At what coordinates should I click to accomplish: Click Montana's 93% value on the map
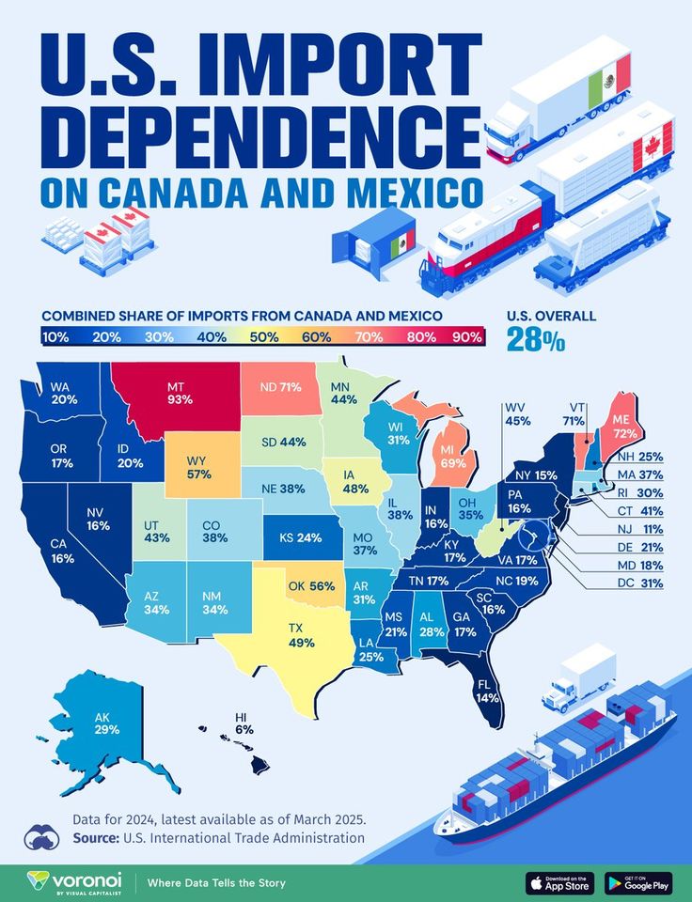(x=180, y=393)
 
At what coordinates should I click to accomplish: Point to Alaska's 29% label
(x=104, y=722)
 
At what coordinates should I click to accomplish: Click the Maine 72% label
(x=624, y=427)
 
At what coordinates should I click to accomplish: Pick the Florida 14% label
(x=486, y=691)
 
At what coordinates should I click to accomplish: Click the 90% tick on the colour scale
(x=466, y=336)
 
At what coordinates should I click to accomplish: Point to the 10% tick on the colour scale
(x=55, y=336)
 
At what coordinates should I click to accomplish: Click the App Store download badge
(x=559, y=883)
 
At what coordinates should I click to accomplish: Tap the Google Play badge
(x=638, y=883)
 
